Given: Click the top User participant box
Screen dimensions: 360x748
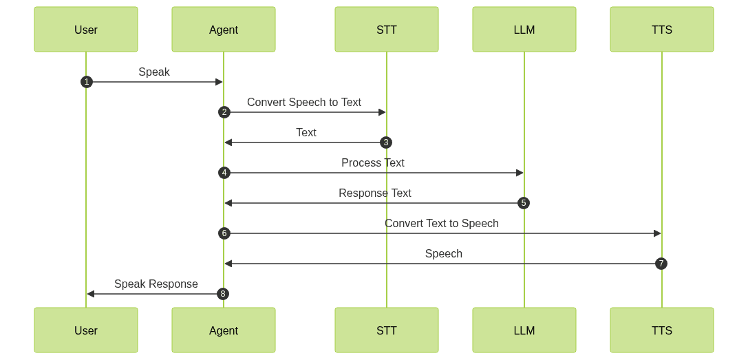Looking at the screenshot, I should coord(86,30).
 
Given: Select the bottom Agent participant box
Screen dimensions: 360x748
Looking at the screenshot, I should coord(224,330).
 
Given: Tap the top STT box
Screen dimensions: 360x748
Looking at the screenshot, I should coord(387,30).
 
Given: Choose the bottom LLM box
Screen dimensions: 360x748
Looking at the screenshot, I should coord(524,330).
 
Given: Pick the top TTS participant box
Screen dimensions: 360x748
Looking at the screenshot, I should coord(662,30).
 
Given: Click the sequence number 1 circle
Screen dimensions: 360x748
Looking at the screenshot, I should coord(86,82).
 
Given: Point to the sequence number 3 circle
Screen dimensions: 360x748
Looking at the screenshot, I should coord(386,142).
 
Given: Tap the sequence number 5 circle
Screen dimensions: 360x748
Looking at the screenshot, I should coord(524,203).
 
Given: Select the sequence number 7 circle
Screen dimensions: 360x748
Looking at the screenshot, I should coord(661,264).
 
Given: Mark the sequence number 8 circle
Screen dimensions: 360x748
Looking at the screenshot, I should coord(223,294).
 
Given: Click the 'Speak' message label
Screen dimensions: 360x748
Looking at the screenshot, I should coord(154,72).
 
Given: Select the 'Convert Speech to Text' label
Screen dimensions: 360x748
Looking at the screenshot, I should coord(304,103).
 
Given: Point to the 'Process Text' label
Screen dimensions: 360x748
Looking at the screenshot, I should coord(373,163).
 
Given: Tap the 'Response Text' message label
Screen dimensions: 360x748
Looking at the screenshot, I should coord(375,193).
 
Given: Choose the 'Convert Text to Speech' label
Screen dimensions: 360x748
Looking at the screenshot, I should coord(442,224).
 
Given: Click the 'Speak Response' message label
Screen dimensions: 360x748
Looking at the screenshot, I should coord(156,284).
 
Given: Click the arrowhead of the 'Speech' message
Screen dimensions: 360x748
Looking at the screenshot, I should coord(228,264).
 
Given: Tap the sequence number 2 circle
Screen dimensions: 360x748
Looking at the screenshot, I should coord(224,112).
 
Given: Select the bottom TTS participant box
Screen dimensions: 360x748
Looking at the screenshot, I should coord(662,330).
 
